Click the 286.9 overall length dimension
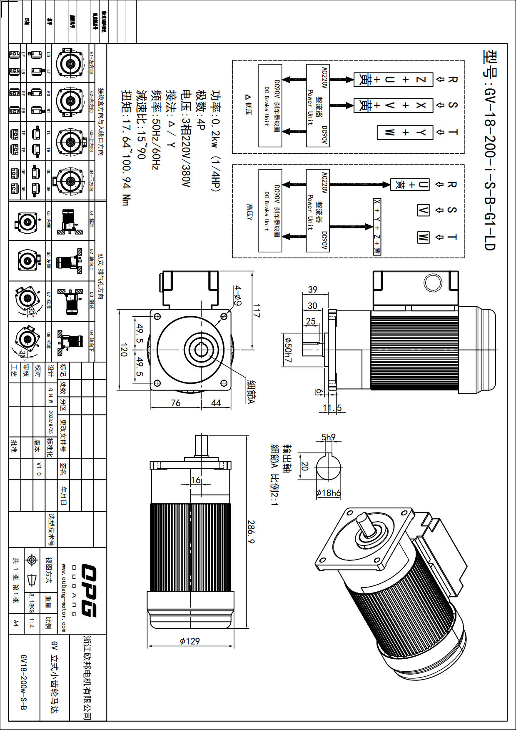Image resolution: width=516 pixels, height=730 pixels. [251, 531]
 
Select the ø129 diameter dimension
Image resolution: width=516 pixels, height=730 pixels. [190, 641]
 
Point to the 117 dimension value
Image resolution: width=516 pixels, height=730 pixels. [257, 311]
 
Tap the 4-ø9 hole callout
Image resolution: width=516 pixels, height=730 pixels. [237, 295]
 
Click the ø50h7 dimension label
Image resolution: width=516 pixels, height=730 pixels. [288, 350]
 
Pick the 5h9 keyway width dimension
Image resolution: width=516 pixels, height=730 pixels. [328, 437]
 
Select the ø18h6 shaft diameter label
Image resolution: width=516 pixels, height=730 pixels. [328, 493]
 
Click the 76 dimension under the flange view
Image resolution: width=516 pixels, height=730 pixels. [176, 403]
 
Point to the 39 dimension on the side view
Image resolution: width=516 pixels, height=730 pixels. [313, 289]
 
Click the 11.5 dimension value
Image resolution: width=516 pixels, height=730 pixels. [332, 408]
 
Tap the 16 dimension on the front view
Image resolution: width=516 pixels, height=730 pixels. [196, 480]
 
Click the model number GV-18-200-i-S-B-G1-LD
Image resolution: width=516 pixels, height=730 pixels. [490, 150]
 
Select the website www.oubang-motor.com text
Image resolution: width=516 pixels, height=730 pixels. [63, 597]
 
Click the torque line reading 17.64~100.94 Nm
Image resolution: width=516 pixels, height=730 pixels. [125, 147]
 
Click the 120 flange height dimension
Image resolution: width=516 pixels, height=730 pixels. [123, 350]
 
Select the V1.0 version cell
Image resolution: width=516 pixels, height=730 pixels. [39, 469]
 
